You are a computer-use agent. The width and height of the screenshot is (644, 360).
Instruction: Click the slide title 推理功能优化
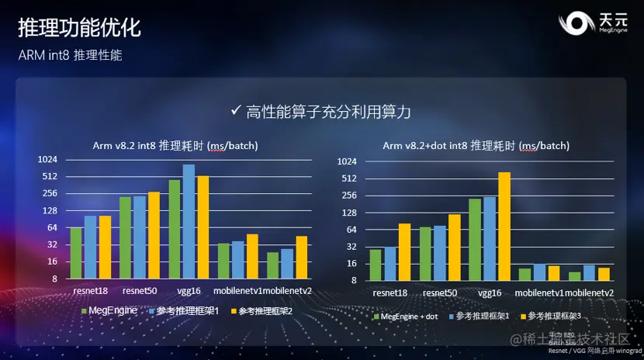point(79,29)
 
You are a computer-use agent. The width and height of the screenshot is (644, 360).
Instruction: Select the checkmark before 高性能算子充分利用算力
point(236,110)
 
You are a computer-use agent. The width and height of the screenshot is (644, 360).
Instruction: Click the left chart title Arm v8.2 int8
point(175,146)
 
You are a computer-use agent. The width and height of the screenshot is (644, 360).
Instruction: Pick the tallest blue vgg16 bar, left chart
point(189,221)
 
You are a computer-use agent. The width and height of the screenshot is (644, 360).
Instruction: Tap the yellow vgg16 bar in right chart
point(504,226)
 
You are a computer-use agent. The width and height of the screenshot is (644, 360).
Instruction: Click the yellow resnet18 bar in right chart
point(403,251)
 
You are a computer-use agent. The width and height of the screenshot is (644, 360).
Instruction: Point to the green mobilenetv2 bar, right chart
point(575,275)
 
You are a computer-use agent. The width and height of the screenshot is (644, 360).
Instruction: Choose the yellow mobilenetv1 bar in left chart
point(251,256)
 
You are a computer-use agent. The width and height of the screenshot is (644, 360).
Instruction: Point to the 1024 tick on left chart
point(48,159)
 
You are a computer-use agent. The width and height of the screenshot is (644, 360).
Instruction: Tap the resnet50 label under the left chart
point(140,291)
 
